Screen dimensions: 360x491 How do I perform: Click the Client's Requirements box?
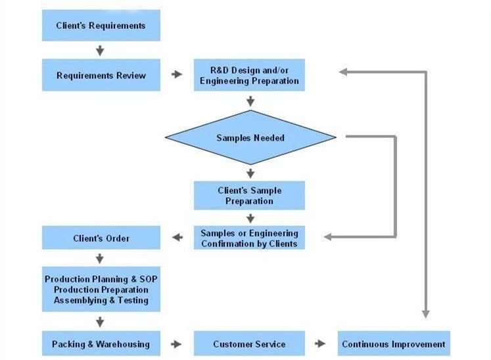tap(101, 26)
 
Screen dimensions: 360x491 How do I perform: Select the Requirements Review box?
tap(101, 75)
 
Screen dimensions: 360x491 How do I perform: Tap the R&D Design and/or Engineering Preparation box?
tap(249, 76)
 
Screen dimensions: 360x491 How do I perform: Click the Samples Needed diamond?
tap(250, 137)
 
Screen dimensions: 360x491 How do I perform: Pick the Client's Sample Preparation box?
tap(249, 196)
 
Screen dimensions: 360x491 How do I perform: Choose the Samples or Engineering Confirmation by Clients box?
tap(249, 238)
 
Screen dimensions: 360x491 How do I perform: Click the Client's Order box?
tap(101, 238)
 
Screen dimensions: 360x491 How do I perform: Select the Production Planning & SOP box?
tap(101, 289)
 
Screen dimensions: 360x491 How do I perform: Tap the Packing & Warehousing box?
tap(101, 344)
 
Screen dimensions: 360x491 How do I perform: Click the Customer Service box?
tap(249, 344)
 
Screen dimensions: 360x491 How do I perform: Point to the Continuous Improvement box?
tap(394, 344)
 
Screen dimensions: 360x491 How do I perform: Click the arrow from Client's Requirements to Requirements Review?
tap(100, 50)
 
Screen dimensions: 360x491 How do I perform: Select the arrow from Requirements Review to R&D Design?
tap(177, 75)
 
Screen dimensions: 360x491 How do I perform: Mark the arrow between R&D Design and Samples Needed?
tap(250, 101)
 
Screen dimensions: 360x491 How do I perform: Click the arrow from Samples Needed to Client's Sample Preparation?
tap(250, 173)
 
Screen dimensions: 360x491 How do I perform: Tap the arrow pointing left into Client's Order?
tap(177, 238)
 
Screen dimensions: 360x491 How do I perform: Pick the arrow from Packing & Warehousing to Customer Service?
tap(177, 344)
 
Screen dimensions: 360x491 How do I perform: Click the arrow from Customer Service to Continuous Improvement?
tap(320, 344)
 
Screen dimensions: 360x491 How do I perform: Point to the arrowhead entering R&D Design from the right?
tap(343, 72)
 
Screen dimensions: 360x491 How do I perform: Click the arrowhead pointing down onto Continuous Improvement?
tap(425, 313)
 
